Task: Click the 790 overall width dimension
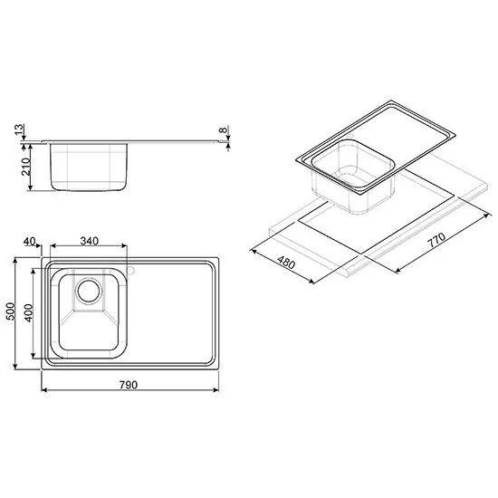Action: point(129,385)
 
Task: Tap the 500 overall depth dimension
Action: point(11,311)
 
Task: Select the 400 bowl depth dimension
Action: point(29,313)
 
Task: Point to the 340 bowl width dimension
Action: point(90,241)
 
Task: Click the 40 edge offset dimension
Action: point(30,242)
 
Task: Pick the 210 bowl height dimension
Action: point(25,167)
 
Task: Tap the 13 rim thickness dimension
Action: point(20,129)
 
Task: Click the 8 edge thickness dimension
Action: point(225,129)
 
